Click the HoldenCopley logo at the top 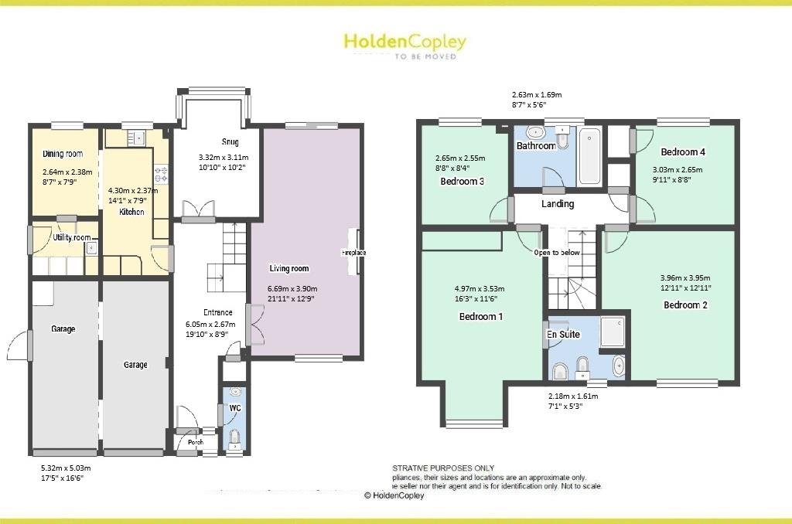405,43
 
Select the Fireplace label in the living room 353,253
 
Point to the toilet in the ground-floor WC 235,440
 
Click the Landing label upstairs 558,204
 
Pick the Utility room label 72,237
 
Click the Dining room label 63,154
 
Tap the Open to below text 558,253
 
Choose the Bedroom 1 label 481,316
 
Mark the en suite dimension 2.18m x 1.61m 572,396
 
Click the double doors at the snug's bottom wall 193,209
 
